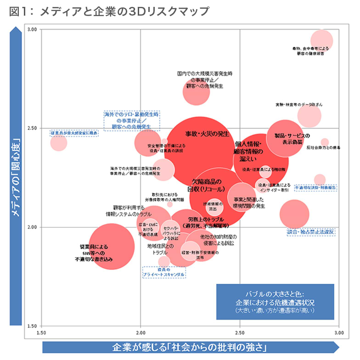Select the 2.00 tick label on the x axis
pyautogui.click(x=141, y=332)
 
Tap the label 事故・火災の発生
pyautogui.click(x=207, y=134)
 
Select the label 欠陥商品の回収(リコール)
pyautogui.click(x=206, y=185)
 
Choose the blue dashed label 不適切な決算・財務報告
pyautogui.click(x=315, y=188)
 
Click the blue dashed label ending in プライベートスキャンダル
pyautogui.click(x=164, y=272)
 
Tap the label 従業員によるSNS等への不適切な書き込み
pyautogui.click(x=94, y=253)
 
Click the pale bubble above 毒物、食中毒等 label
pyautogui.click(x=321, y=40)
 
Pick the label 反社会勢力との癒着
pyautogui.click(x=323, y=148)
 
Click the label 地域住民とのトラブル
pyautogui.click(x=160, y=249)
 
